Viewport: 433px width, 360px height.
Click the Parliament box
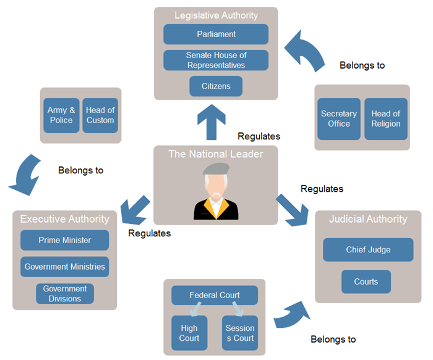216,34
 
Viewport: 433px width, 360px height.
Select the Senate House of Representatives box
216,60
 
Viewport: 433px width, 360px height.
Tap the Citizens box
216,86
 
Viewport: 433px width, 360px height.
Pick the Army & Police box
61,115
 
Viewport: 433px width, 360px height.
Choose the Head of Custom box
100,115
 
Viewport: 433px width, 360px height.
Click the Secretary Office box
338,119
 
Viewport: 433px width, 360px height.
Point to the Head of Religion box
386,119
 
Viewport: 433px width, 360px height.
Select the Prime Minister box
64,240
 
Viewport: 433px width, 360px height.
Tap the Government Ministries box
64,267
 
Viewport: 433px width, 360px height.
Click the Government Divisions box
64,294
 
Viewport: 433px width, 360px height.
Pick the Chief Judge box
368,250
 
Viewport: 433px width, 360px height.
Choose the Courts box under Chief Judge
366,281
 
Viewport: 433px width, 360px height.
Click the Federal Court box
215,295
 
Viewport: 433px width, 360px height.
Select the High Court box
189,333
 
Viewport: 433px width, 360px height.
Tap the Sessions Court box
240,333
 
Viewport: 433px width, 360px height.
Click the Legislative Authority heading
216,15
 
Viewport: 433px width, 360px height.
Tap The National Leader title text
216,154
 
